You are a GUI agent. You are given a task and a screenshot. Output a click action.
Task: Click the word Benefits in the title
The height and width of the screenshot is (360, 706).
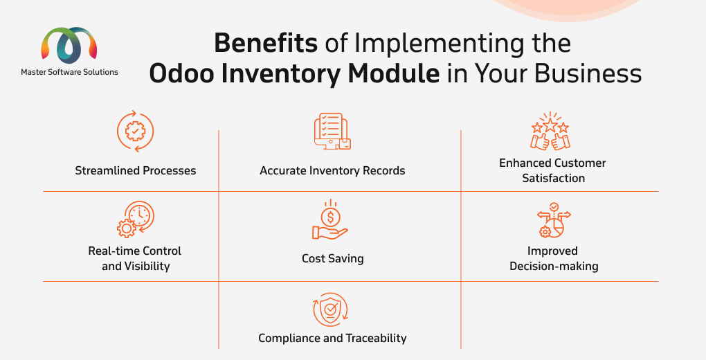pyautogui.click(x=266, y=44)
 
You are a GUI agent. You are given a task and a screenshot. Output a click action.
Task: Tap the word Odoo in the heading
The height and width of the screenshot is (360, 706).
pyautogui.click(x=182, y=74)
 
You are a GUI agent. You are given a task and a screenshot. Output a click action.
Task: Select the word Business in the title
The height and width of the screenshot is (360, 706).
pyautogui.click(x=588, y=74)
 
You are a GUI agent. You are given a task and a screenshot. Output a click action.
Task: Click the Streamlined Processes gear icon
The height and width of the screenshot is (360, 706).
pyautogui.click(x=135, y=132)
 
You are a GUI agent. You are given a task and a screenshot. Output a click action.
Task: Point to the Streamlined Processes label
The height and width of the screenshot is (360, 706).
pyautogui.click(x=136, y=171)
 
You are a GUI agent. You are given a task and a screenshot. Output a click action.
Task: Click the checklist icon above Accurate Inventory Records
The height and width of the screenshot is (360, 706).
pyautogui.click(x=332, y=131)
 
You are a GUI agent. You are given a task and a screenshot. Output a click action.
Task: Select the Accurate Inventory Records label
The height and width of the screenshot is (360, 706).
pyautogui.click(x=332, y=171)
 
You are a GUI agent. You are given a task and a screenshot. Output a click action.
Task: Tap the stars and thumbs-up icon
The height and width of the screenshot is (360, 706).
pyautogui.click(x=550, y=131)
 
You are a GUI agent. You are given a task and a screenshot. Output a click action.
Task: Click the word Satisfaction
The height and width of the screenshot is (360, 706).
pyautogui.click(x=553, y=179)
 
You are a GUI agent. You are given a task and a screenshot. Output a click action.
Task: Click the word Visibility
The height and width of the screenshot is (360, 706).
pyautogui.click(x=147, y=267)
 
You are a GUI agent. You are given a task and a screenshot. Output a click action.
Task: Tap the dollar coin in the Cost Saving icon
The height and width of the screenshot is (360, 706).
pyautogui.click(x=330, y=218)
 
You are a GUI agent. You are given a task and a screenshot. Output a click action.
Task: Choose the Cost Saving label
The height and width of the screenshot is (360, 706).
pyautogui.click(x=333, y=259)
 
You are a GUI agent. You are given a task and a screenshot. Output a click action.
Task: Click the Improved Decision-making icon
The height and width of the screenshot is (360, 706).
pyautogui.click(x=553, y=220)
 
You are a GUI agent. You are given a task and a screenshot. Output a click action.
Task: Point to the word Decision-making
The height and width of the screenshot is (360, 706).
pyautogui.click(x=554, y=267)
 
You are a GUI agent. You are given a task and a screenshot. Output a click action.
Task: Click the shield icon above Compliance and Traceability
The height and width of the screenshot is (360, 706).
pyautogui.click(x=330, y=309)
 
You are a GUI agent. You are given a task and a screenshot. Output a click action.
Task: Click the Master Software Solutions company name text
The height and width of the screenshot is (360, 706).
pyautogui.click(x=69, y=72)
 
